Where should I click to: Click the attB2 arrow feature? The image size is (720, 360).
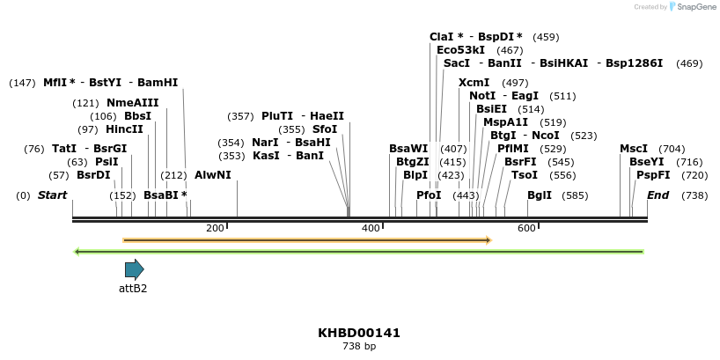tap(134, 269)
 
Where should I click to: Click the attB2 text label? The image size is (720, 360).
tap(133, 288)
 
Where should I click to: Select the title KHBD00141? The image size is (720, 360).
tap(359, 334)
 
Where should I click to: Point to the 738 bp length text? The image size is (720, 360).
tap(359, 347)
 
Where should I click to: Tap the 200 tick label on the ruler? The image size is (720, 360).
tap(215, 228)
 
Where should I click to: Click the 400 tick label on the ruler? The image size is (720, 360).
tap(371, 228)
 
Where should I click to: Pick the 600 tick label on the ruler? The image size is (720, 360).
tap(526, 228)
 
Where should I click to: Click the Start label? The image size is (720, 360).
tap(52, 195)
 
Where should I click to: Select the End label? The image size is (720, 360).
tap(658, 195)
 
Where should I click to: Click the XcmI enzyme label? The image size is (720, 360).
tap(474, 82)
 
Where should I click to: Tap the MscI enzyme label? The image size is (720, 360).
tap(634, 149)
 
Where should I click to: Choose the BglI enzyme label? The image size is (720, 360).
tap(540, 195)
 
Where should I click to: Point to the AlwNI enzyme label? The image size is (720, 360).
tap(213, 174)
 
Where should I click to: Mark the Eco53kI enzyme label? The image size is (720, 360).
tap(461, 50)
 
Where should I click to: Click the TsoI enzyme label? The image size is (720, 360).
tap(525, 174)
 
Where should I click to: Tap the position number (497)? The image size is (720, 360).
tap(515, 82)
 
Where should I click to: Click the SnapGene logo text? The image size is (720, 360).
tap(696, 7)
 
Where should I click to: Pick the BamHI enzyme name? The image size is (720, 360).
tap(158, 82)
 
